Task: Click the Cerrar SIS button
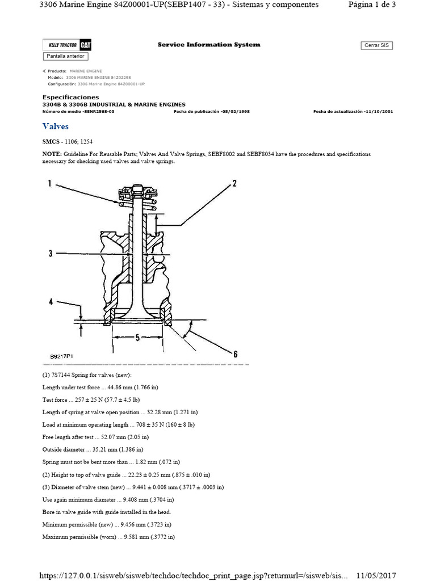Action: pyautogui.click(x=376, y=45)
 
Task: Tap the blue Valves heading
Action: pyautogui.click(x=55, y=126)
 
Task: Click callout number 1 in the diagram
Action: pyautogui.click(x=49, y=183)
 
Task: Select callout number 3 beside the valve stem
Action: pyautogui.click(x=51, y=253)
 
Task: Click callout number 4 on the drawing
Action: pyautogui.click(x=51, y=302)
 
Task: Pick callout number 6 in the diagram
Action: pyautogui.click(x=234, y=353)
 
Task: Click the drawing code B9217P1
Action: pyautogui.click(x=61, y=356)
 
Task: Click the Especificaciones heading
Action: pyautogui.click(x=70, y=97)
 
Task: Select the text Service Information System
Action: pyautogui.click(x=209, y=44)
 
